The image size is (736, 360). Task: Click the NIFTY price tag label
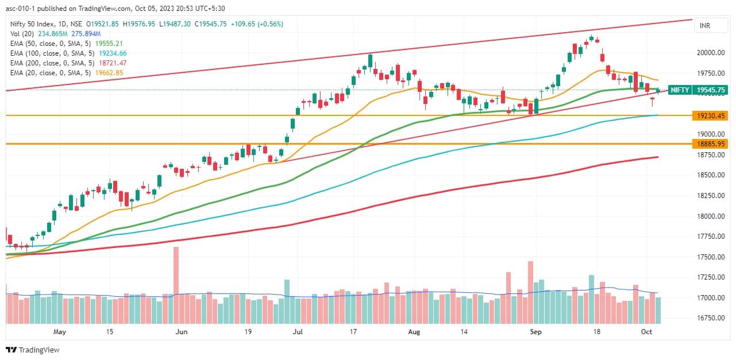coord(680,90)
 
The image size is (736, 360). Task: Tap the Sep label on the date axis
coord(535,332)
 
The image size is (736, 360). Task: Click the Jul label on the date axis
coord(298,332)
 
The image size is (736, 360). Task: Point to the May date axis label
coord(60,332)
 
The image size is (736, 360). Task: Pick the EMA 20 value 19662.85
coord(107,73)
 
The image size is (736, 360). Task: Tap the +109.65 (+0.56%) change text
coord(256,24)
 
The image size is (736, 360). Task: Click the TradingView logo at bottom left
coord(33,350)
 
